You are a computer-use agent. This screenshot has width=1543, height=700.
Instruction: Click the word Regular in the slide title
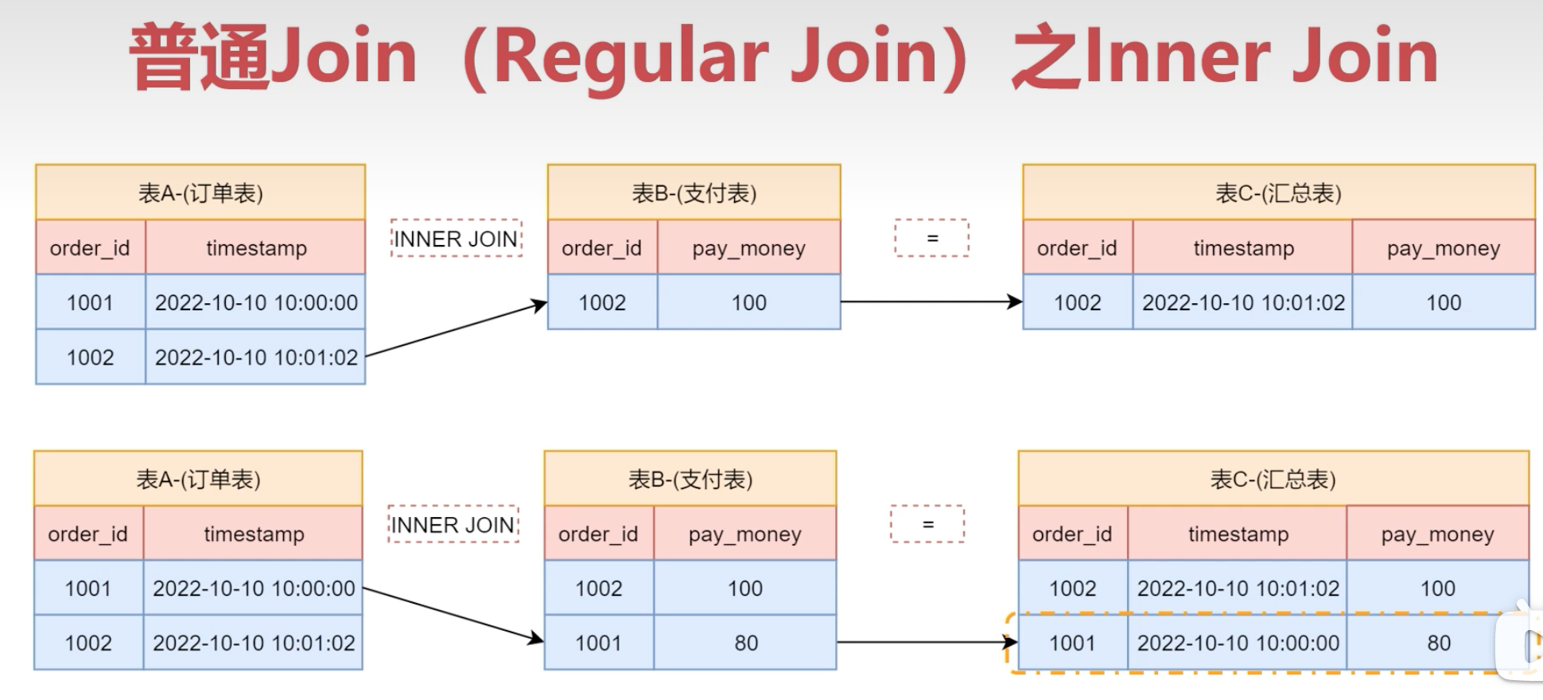point(632,57)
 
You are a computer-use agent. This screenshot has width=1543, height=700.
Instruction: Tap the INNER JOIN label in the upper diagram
point(456,239)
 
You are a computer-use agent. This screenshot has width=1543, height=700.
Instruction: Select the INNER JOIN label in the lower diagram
point(453,525)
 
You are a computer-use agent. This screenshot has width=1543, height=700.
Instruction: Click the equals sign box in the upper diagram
point(931,239)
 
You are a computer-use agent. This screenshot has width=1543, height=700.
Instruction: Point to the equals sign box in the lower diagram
point(927,525)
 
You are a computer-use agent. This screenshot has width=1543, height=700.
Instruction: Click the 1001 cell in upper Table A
point(90,302)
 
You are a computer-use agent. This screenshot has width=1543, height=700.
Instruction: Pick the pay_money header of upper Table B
point(748,248)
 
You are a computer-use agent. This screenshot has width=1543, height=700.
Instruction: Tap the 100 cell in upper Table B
point(748,302)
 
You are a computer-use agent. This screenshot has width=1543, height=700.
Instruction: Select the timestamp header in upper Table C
point(1243,248)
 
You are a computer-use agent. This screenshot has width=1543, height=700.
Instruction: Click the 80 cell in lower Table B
point(745,643)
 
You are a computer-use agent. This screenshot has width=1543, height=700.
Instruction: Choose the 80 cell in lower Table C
point(1438,643)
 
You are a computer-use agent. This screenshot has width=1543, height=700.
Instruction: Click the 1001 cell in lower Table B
point(598,643)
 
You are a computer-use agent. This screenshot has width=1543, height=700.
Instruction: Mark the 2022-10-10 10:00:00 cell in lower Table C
point(1238,643)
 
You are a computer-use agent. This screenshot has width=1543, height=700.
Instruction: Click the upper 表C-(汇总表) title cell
point(1278,192)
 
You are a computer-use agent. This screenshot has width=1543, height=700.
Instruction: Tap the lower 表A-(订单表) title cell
point(198,479)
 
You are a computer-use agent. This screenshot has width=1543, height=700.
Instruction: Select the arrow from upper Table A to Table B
point(455,329)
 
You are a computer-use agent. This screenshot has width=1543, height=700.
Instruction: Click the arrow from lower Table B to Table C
point(927,642)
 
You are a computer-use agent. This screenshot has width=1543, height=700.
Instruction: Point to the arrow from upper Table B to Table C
point(931,301)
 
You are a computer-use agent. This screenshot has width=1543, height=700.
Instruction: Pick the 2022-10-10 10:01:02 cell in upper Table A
point(256,357)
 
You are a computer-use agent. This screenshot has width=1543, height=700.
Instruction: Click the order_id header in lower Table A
point(87,534)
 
